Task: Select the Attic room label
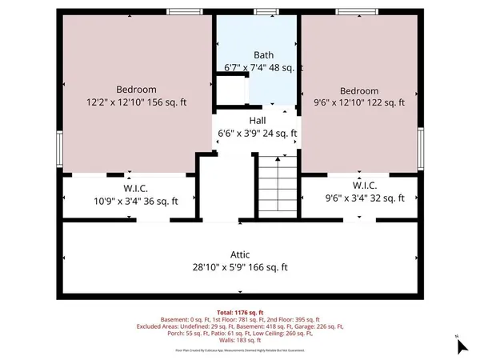(239, 254)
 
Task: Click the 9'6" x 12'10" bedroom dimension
(359, 103)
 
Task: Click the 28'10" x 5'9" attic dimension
(240, 268)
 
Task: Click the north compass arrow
(461, 346)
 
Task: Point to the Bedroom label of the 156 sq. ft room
(136, 90)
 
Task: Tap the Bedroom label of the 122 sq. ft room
(359, 90)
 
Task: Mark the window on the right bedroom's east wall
(422, 149)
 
